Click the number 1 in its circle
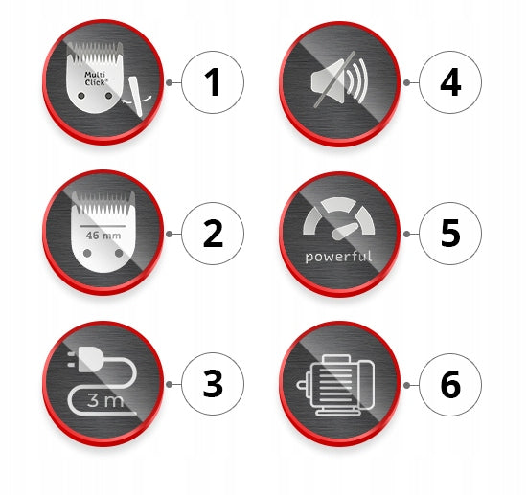click(x=213, y=82)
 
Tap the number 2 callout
click(x=213, y=234)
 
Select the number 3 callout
click(x=213, y=384)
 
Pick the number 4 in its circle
click(x=450, y=82)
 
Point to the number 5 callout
click(x=450, y=234)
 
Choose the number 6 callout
click(x=450, y=385)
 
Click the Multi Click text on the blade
click(x=96, y=79)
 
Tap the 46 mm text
click(x=103, y=236)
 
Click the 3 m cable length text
click(x=104, y=400)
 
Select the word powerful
click(x=338, y=257)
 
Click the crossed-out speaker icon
click(x=339, y=80)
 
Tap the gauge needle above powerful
click(x=344, y=231)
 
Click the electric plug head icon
click(x=88, y=359)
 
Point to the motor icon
click(x=335, y=385)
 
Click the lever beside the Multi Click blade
click(x=137, y=97)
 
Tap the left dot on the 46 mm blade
click(x=87, y=253)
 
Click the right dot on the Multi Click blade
click(x=108, y=96)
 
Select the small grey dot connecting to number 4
click(x=406, y=82)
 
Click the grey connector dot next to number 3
click(x=169, y=384)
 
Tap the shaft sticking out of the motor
click(x=302, y=385)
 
